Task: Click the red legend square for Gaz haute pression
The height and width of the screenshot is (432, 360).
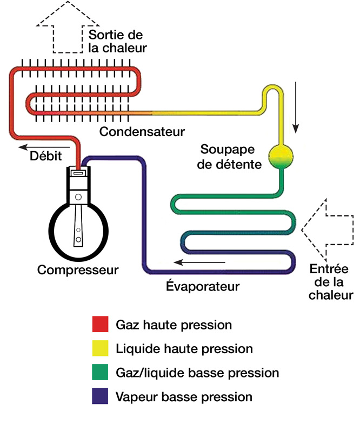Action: [102, 325]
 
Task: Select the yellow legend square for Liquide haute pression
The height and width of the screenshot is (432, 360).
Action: [102, 349]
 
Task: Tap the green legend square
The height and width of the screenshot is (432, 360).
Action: [102, 373]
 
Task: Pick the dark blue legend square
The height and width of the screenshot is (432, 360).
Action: [102, 397]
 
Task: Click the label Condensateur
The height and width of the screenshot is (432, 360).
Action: [142, 132]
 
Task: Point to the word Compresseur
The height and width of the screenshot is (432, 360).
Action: [78, 269]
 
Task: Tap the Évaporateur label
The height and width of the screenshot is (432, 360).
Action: [202, 286]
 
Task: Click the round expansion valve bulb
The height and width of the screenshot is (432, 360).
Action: [282, 154]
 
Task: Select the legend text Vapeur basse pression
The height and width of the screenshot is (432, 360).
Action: [184, 397]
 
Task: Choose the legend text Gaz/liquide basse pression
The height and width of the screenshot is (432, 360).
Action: [197, 373]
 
